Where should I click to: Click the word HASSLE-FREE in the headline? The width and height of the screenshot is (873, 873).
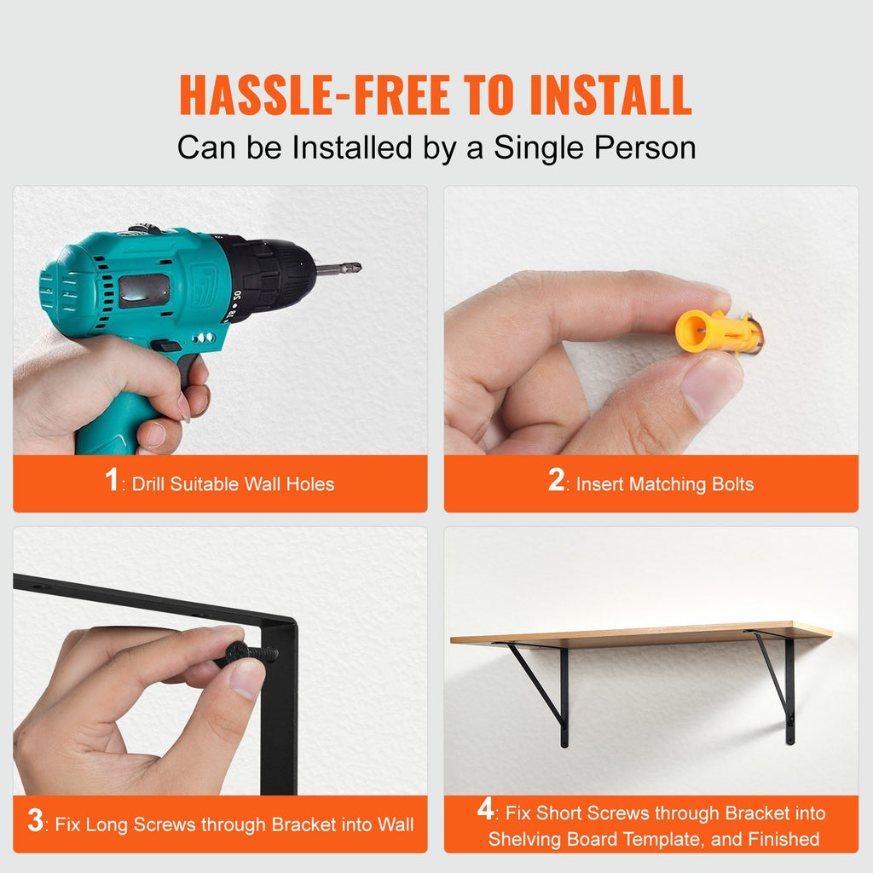(315, 95)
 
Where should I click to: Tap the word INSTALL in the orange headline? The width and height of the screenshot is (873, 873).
(610, 95)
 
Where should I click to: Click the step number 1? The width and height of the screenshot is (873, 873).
(112, 479)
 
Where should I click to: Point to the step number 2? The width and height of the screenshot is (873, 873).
(556, 479)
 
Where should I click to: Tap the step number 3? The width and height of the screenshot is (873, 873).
(35, 820)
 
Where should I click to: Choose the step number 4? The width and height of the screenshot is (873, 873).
(485, 808)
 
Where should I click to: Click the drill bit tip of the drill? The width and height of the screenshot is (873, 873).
(356, 267)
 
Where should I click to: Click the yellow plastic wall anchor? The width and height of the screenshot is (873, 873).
(718, 332)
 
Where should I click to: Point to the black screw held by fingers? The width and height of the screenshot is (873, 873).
(253, 652)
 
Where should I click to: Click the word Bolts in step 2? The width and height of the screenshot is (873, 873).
(732, 484)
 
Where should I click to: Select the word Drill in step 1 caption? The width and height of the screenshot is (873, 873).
(148, 484)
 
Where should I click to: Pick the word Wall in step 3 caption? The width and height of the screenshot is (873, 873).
(396, 824)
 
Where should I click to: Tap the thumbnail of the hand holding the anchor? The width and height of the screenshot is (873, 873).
(650, 321)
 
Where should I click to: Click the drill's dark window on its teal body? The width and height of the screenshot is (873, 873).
(143, 291)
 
